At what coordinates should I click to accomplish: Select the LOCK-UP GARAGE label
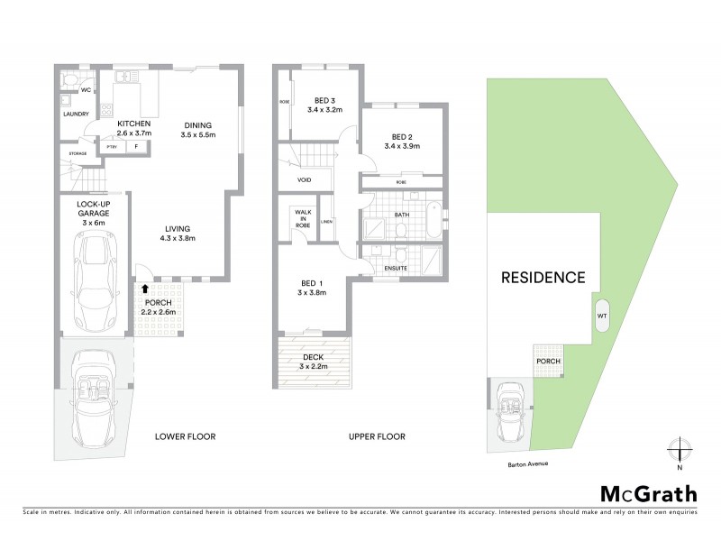pos(94,210)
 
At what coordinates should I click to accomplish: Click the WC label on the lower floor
pos(87,90)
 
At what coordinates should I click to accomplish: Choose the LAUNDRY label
pos(75,115)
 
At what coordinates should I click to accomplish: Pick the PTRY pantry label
pos(113,146)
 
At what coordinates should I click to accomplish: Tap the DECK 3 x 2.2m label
pos(315,360)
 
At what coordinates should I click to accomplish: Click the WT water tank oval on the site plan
pos(601,317)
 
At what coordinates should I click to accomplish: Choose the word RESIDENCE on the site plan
pos(543,278)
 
